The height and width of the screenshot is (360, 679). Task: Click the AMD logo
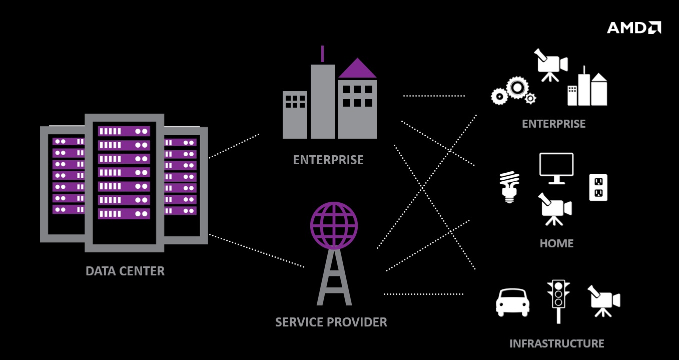click(x=633, y=28)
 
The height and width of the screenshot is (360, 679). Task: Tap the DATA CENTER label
click(x=125, y=271)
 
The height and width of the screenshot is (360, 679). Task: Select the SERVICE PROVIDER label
click(x=331, y=322)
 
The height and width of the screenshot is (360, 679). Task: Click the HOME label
click(x=556, y=244)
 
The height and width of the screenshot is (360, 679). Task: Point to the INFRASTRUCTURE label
click(x=556, y=344)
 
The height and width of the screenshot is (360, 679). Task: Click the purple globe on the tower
click(x=334, y=225)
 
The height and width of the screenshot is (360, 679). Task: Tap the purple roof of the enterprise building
click(x=357, y=69)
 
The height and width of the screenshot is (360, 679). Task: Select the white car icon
click(x=512, y=302)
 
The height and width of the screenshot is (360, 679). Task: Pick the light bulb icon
click(x=509, y=187)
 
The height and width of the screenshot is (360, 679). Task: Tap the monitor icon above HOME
click(x=556, y=167)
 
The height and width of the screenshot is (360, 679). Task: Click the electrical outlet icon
click(x=598, y=187)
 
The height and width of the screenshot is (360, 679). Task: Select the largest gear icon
click(x=517, y=88)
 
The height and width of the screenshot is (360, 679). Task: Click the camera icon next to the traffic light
click(x=604, y=300)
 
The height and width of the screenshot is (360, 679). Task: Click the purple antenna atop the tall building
click(x=322, y=54)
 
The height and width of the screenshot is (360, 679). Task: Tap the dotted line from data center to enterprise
click(x=234, y=146)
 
